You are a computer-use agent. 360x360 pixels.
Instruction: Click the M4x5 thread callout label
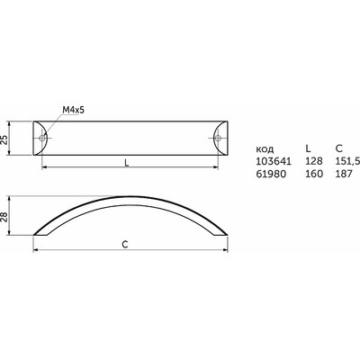pos(74,110)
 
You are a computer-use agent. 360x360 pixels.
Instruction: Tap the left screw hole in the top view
pos(42,138)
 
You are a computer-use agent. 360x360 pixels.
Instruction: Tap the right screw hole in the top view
pos(218,138)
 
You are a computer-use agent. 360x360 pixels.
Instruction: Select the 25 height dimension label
pos(4,139)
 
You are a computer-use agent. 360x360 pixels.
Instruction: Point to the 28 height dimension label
pos(4,216)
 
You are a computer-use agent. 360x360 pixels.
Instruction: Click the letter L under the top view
pos(127,163)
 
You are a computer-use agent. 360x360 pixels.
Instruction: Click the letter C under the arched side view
pos(125,245)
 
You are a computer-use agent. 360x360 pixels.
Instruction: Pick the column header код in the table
pos(265,149)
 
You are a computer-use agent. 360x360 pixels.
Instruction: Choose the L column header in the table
pos(308,148)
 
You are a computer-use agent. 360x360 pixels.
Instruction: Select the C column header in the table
pos(339,148)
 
